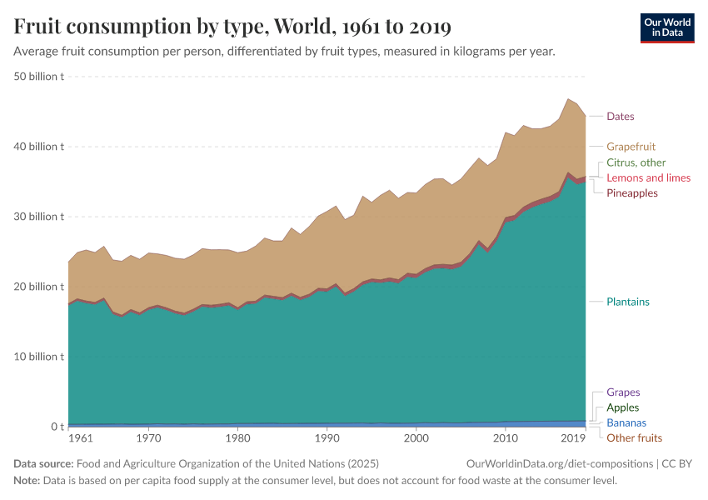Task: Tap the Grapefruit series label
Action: [x=631, y=147]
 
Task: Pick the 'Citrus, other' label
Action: [x=636, y=162]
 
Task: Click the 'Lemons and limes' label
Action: [x=648, y=177]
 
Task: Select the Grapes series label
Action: [x=623, y=392]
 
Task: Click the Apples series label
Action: [x=623, y=407]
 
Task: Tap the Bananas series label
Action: [x=626, y=422]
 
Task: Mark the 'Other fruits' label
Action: [x=634, y=437]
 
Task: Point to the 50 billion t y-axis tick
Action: [x=40, y=77]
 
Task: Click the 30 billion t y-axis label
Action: [x=40, y=217]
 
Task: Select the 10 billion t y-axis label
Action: [x=40, y=357]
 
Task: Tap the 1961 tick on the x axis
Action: [x=81, y=437]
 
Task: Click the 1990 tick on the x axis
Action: [x=327, y=437]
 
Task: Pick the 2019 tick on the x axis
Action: [x=572, y=437]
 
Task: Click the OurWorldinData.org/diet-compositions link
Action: [x=560, y=463]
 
